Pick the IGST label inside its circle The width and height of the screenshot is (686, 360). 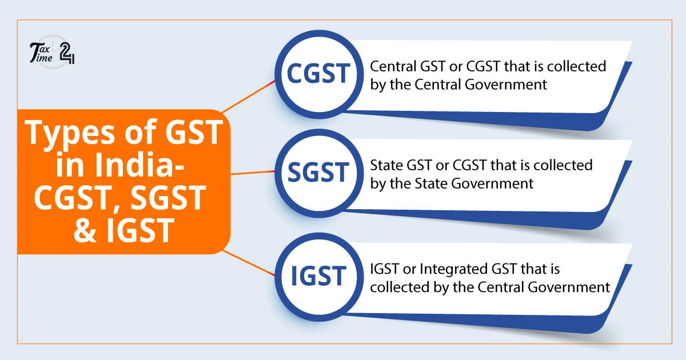[318, 276]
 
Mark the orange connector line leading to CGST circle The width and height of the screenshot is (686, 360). [249, 95]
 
